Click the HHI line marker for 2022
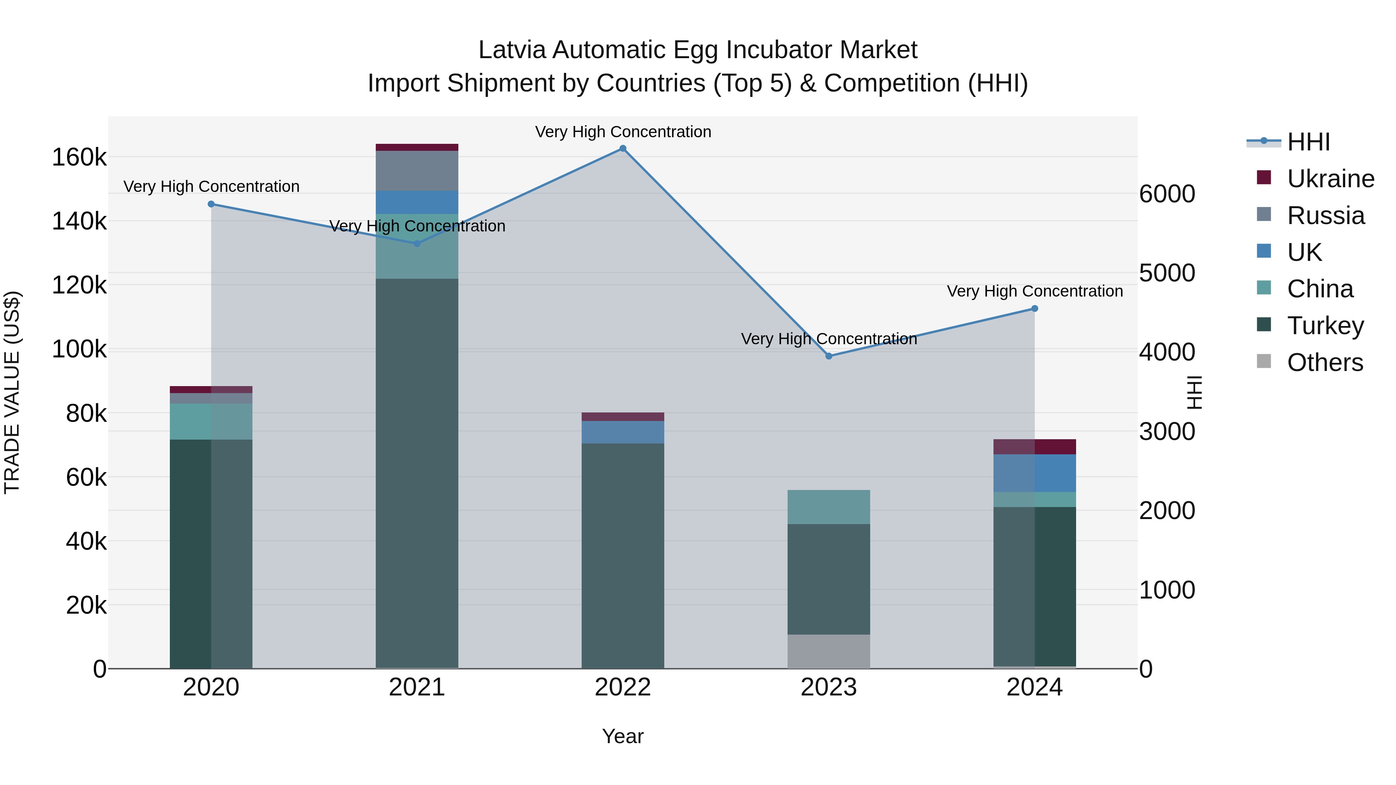click(623, 148)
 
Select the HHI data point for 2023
click(829, 356)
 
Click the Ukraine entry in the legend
click(1330, 179)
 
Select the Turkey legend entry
click(1325, 326)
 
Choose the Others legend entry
click(1325, 362)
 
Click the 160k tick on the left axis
click(79, 158)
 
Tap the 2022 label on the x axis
click(623, 687)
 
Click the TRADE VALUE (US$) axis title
click(12, 392)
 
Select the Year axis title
click(623, 736)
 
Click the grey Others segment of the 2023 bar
click(829, 651)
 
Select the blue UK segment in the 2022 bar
click(623, 432)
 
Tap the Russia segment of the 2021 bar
click(417, 171)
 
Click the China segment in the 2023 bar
click(829, 507)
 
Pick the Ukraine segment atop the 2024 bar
click(1035, 447)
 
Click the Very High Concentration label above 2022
click(623, 132)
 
